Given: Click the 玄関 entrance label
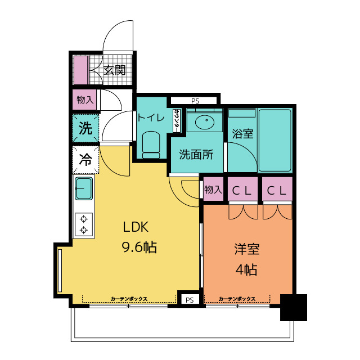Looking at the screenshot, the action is click(x=114, y=70).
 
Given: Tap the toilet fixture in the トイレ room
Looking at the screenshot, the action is click(x=151, y=145).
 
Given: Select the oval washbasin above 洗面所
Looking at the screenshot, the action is click(x=205, y=122).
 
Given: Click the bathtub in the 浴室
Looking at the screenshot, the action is click(x=275, y=140).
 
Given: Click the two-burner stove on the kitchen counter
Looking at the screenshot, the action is click(x=84, y=225).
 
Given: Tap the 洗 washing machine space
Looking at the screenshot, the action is click(x=85, y=128).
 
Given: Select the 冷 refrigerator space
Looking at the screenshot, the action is click(x=85, y=160).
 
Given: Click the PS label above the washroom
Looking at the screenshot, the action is click(x=195, y=101).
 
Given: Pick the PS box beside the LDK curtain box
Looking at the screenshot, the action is click(x=190, y=300).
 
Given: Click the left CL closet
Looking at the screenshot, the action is click(x=242, y=189).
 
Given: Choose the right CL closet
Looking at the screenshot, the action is click(x=277, y=189).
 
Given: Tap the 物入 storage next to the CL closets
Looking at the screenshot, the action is click(x=213, y=189).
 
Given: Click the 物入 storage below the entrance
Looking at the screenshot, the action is click(x=85, y=100).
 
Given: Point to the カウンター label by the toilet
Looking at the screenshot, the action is click(x=177, y=120).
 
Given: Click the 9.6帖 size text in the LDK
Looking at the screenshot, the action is click(x=139, y=247).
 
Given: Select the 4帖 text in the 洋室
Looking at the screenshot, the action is click(x=246, y=269).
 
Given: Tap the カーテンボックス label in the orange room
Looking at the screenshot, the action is click(x=237, y=299).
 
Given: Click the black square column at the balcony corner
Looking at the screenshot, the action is click(x=294, y=308).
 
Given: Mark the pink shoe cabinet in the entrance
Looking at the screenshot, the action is click(x=80, y=70).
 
